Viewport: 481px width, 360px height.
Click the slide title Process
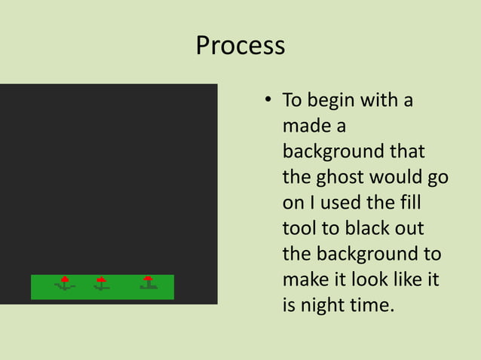click(240, 47)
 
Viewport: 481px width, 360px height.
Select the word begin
click(329, 101)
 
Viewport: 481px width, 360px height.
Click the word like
click(400, 280)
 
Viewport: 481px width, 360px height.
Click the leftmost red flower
click(65, 280)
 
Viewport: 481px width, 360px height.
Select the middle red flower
click(101, 280)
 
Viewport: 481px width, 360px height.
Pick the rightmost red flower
click(148, 279)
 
